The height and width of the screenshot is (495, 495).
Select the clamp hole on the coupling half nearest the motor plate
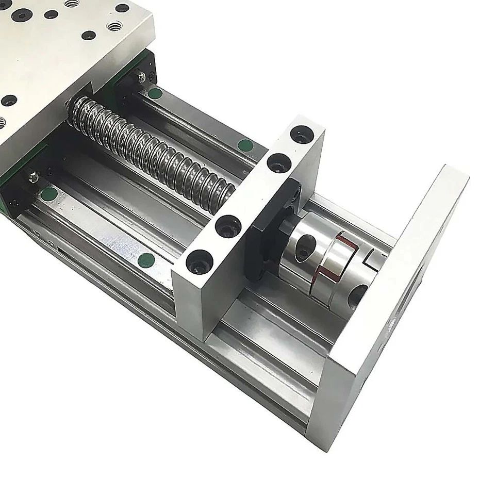(358, 296)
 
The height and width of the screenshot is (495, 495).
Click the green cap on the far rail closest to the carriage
(154, 94)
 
